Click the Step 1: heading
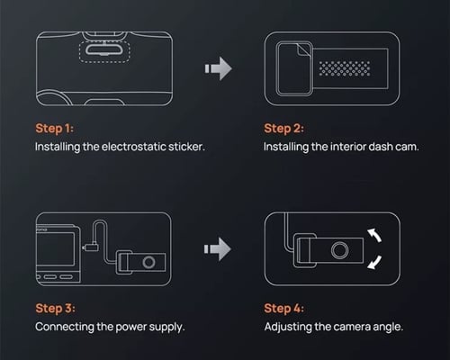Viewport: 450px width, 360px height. [x=54, y=129]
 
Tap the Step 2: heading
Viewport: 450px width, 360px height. [x=283, y=129]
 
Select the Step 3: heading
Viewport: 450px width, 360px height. [x=55, y=309]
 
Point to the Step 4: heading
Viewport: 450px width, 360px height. [x=283, y=309]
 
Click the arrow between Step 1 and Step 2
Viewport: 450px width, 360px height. [x=219, y=68]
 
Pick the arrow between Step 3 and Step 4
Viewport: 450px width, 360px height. [x=218, y=249]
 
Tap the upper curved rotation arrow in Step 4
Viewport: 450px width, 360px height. [x=375, y=235]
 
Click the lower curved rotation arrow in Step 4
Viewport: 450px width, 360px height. [x=375, y=262]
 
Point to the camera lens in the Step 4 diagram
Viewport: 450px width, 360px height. [x=340, y=250]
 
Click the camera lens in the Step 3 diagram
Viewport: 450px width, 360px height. [x=148, y=263]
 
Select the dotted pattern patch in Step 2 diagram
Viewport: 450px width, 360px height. [x=344, y=68]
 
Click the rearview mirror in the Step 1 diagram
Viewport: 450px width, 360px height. [x=103, y=49]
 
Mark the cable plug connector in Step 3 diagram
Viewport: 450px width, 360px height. [x=90, y=247]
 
